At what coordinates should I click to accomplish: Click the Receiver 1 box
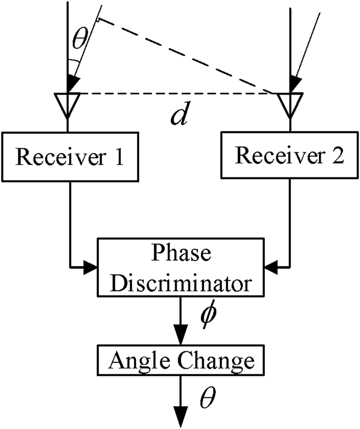click(69, 156)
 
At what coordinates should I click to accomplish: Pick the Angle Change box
click(179, 362)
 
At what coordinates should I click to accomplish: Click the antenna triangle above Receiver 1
click(67, 102)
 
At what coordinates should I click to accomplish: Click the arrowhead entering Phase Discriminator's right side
click(269, 266)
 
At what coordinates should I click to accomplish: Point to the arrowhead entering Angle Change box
click(179, 339)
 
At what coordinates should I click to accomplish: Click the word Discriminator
click(179, 282)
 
